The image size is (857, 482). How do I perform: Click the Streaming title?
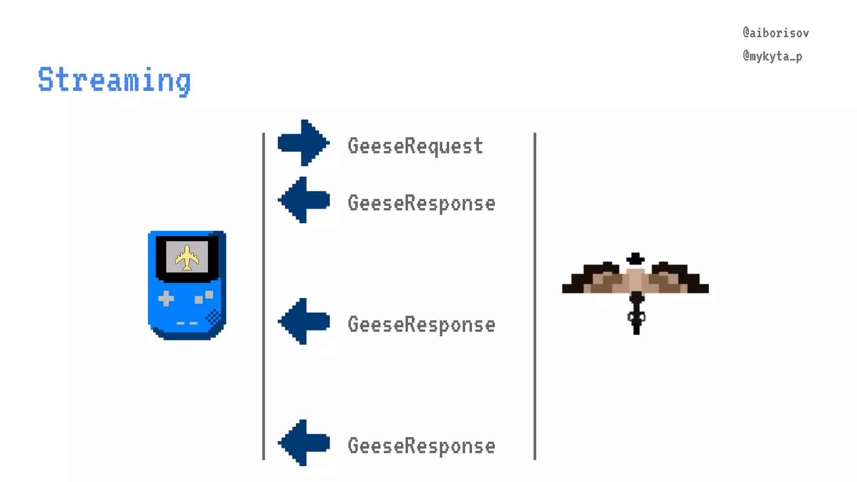tap(114, 79)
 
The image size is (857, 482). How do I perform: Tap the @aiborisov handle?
tap(775, 33)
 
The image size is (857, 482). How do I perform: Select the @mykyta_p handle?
tap(772, 56)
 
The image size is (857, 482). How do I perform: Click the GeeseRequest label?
tap(415, 146)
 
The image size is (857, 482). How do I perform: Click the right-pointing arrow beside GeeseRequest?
tap(303, 143)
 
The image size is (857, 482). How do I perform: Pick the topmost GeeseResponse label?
tap(421, 203)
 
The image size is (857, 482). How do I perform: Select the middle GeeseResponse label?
tap(421, 325)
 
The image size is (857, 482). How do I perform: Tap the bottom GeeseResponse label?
tap(421, 446)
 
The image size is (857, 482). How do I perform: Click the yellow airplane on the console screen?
tap(187, 257)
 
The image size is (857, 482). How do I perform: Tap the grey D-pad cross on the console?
tap(166, 299)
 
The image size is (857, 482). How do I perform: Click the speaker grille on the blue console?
tap(213, 318)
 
